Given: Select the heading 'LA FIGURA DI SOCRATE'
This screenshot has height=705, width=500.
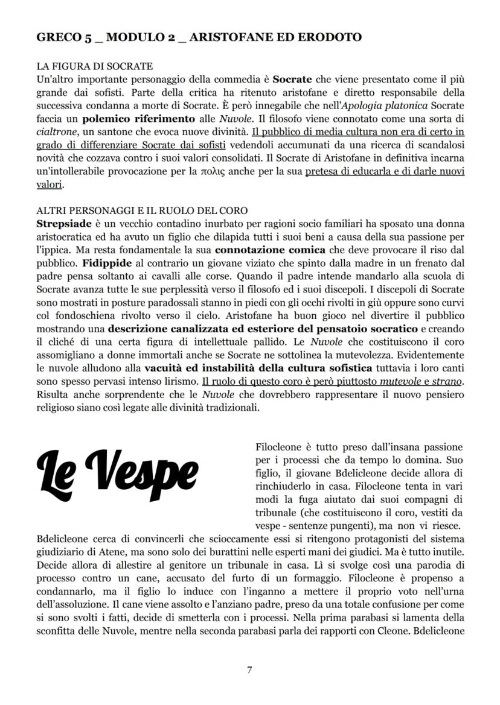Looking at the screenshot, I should click(95, 66).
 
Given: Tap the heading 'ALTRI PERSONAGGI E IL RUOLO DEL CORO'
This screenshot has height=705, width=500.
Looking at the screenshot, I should click(142, 210).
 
